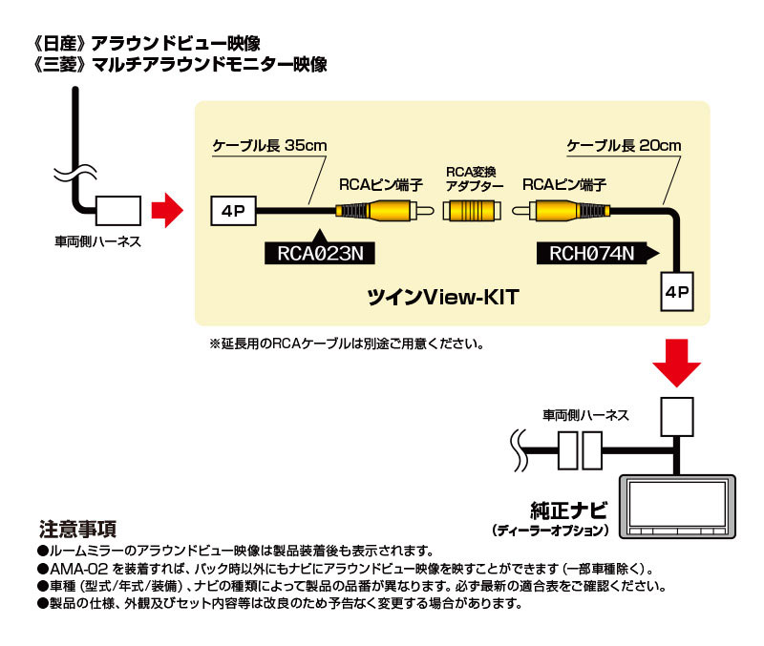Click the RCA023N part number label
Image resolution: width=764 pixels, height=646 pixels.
[x=321, y=253]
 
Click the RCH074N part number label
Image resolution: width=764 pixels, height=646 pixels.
[x=592, y=253]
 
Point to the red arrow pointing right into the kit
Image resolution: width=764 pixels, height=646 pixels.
[x=168, y=210]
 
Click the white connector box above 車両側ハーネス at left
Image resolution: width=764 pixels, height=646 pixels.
[x=117, y=209]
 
